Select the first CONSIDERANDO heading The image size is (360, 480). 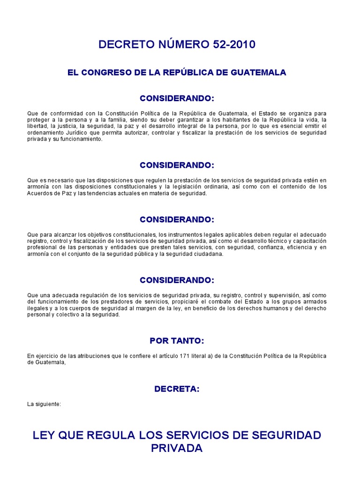click(177, 98)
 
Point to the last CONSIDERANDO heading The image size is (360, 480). click(177, 280)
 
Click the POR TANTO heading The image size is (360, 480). click(177, 340)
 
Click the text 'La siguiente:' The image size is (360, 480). click(44, 404)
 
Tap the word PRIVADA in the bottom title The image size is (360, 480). click(177, 448)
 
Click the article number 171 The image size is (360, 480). click(184, 356)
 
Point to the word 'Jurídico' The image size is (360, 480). click(73, 133)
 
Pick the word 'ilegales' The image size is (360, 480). click(37, 308)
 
